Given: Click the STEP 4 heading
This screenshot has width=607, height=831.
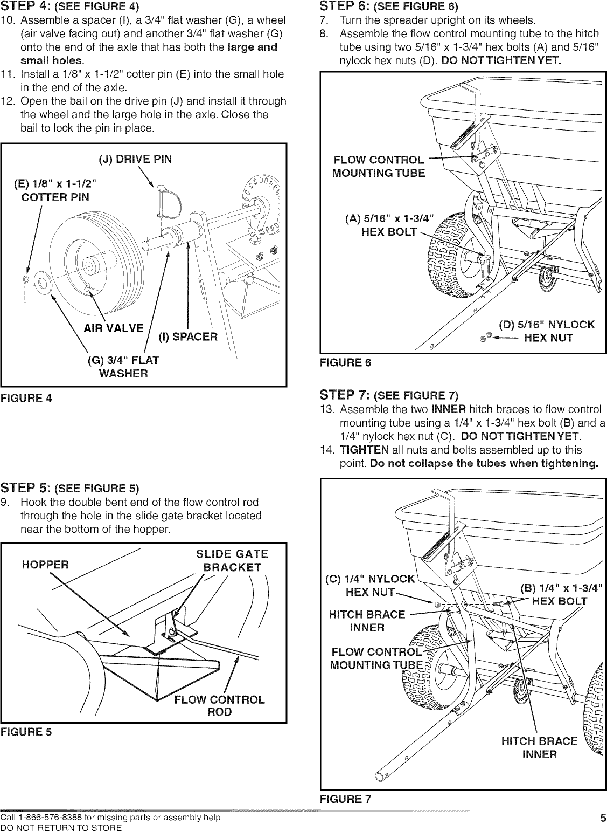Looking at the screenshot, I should pyautogui.click(x=70, y=7).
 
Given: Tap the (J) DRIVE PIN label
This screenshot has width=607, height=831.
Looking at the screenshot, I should pyautogui.click(x=135, y=159).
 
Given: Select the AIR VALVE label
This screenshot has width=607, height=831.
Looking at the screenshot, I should pyautogui.click(x=113, y=328).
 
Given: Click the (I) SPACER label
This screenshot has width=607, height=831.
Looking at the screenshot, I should pyautogui.click(x=187, y=337).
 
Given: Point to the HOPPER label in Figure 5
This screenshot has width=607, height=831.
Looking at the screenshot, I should pyautogui.click(x=45, y=565).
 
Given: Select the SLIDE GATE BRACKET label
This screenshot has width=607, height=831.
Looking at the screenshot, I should pyautogui.click(x=232, y=561).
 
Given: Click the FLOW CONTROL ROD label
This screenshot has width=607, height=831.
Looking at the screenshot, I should pyautogui.click(x=219, y=706).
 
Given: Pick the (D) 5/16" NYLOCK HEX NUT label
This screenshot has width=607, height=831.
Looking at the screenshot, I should pyautogui.click(x=546, y=331).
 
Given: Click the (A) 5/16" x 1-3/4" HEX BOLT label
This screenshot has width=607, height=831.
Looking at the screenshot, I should pyautogui.click(x=388, y=225).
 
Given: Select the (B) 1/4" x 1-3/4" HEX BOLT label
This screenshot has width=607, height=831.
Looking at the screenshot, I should pyautogui.click(x=560, y=594).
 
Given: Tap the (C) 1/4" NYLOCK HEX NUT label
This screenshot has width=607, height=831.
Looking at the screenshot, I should pyautogui.click(x=371, y=586).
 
